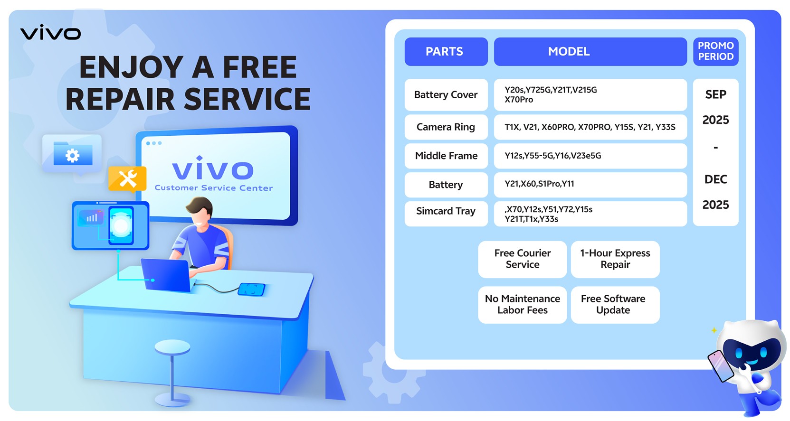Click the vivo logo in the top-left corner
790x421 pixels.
click(50, 32)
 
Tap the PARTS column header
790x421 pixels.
click(446, 51)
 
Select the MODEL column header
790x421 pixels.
click(590, 51)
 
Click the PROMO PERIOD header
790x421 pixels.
click(715, 51)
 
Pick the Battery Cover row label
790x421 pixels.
click(446, 95)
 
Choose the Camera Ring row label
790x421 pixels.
click(446, 127)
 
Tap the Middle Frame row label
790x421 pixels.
click(446, 156)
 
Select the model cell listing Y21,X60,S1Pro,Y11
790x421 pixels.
click(590, 185)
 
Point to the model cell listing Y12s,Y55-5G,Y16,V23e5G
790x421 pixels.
click(590, 156)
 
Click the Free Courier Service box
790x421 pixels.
click(523, 259)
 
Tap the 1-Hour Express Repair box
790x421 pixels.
click(615, 259)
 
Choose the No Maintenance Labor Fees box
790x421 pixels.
click(523, 305)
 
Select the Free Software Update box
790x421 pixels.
click(615, 305)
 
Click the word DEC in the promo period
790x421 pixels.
click(715, 179)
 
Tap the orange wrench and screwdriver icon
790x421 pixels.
click(127, 178)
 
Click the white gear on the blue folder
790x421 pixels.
click(72, 155)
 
